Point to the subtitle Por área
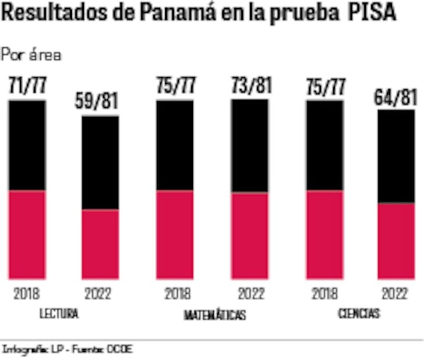[32, 55]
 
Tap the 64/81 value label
[396, 98]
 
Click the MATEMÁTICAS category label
[215, 315]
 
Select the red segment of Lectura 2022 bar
[100, 244]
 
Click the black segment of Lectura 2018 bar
[27, 145]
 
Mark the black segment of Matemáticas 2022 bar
[250, 146]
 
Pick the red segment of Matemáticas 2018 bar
[174, 234]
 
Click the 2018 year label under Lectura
[27, 294]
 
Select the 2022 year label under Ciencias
[395, 294]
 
